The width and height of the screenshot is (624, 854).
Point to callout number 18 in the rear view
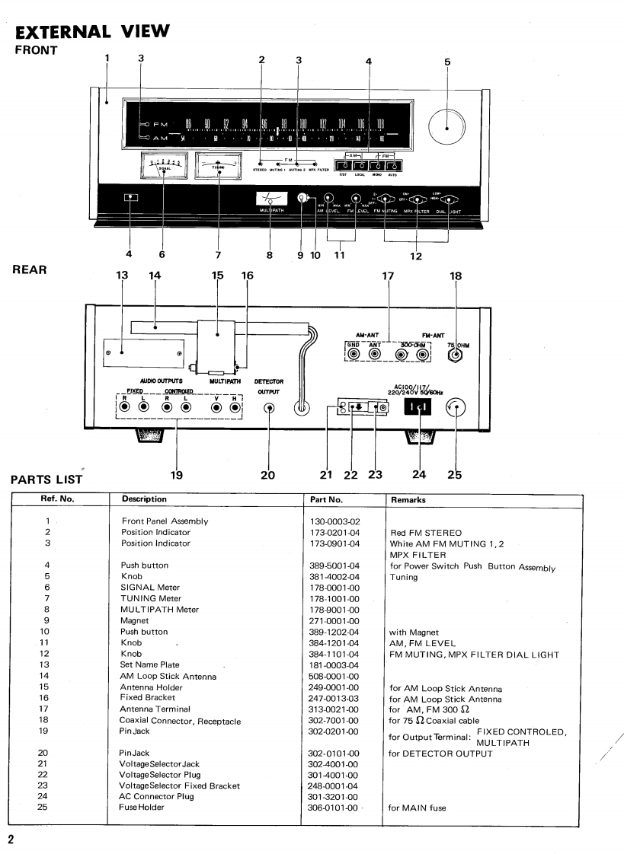[x=456, y=278]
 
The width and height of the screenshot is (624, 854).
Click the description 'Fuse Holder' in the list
[x=143, y=808]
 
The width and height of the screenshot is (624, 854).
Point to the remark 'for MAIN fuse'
[x=418, y=808]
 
